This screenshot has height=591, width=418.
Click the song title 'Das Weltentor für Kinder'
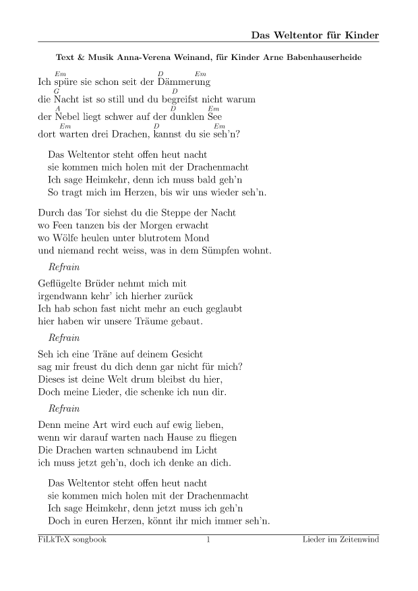coord(315,34)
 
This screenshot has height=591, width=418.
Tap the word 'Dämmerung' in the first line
coord(184,82)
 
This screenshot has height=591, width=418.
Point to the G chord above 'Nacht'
coord(57,91)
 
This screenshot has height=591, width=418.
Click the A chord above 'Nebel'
coord(58,108)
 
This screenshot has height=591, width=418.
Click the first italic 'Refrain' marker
coord(64,268)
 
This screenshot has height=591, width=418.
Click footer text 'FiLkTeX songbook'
coord(72,540)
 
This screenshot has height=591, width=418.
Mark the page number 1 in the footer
coord(208,540)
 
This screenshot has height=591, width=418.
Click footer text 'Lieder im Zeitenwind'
coord(340,540)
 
